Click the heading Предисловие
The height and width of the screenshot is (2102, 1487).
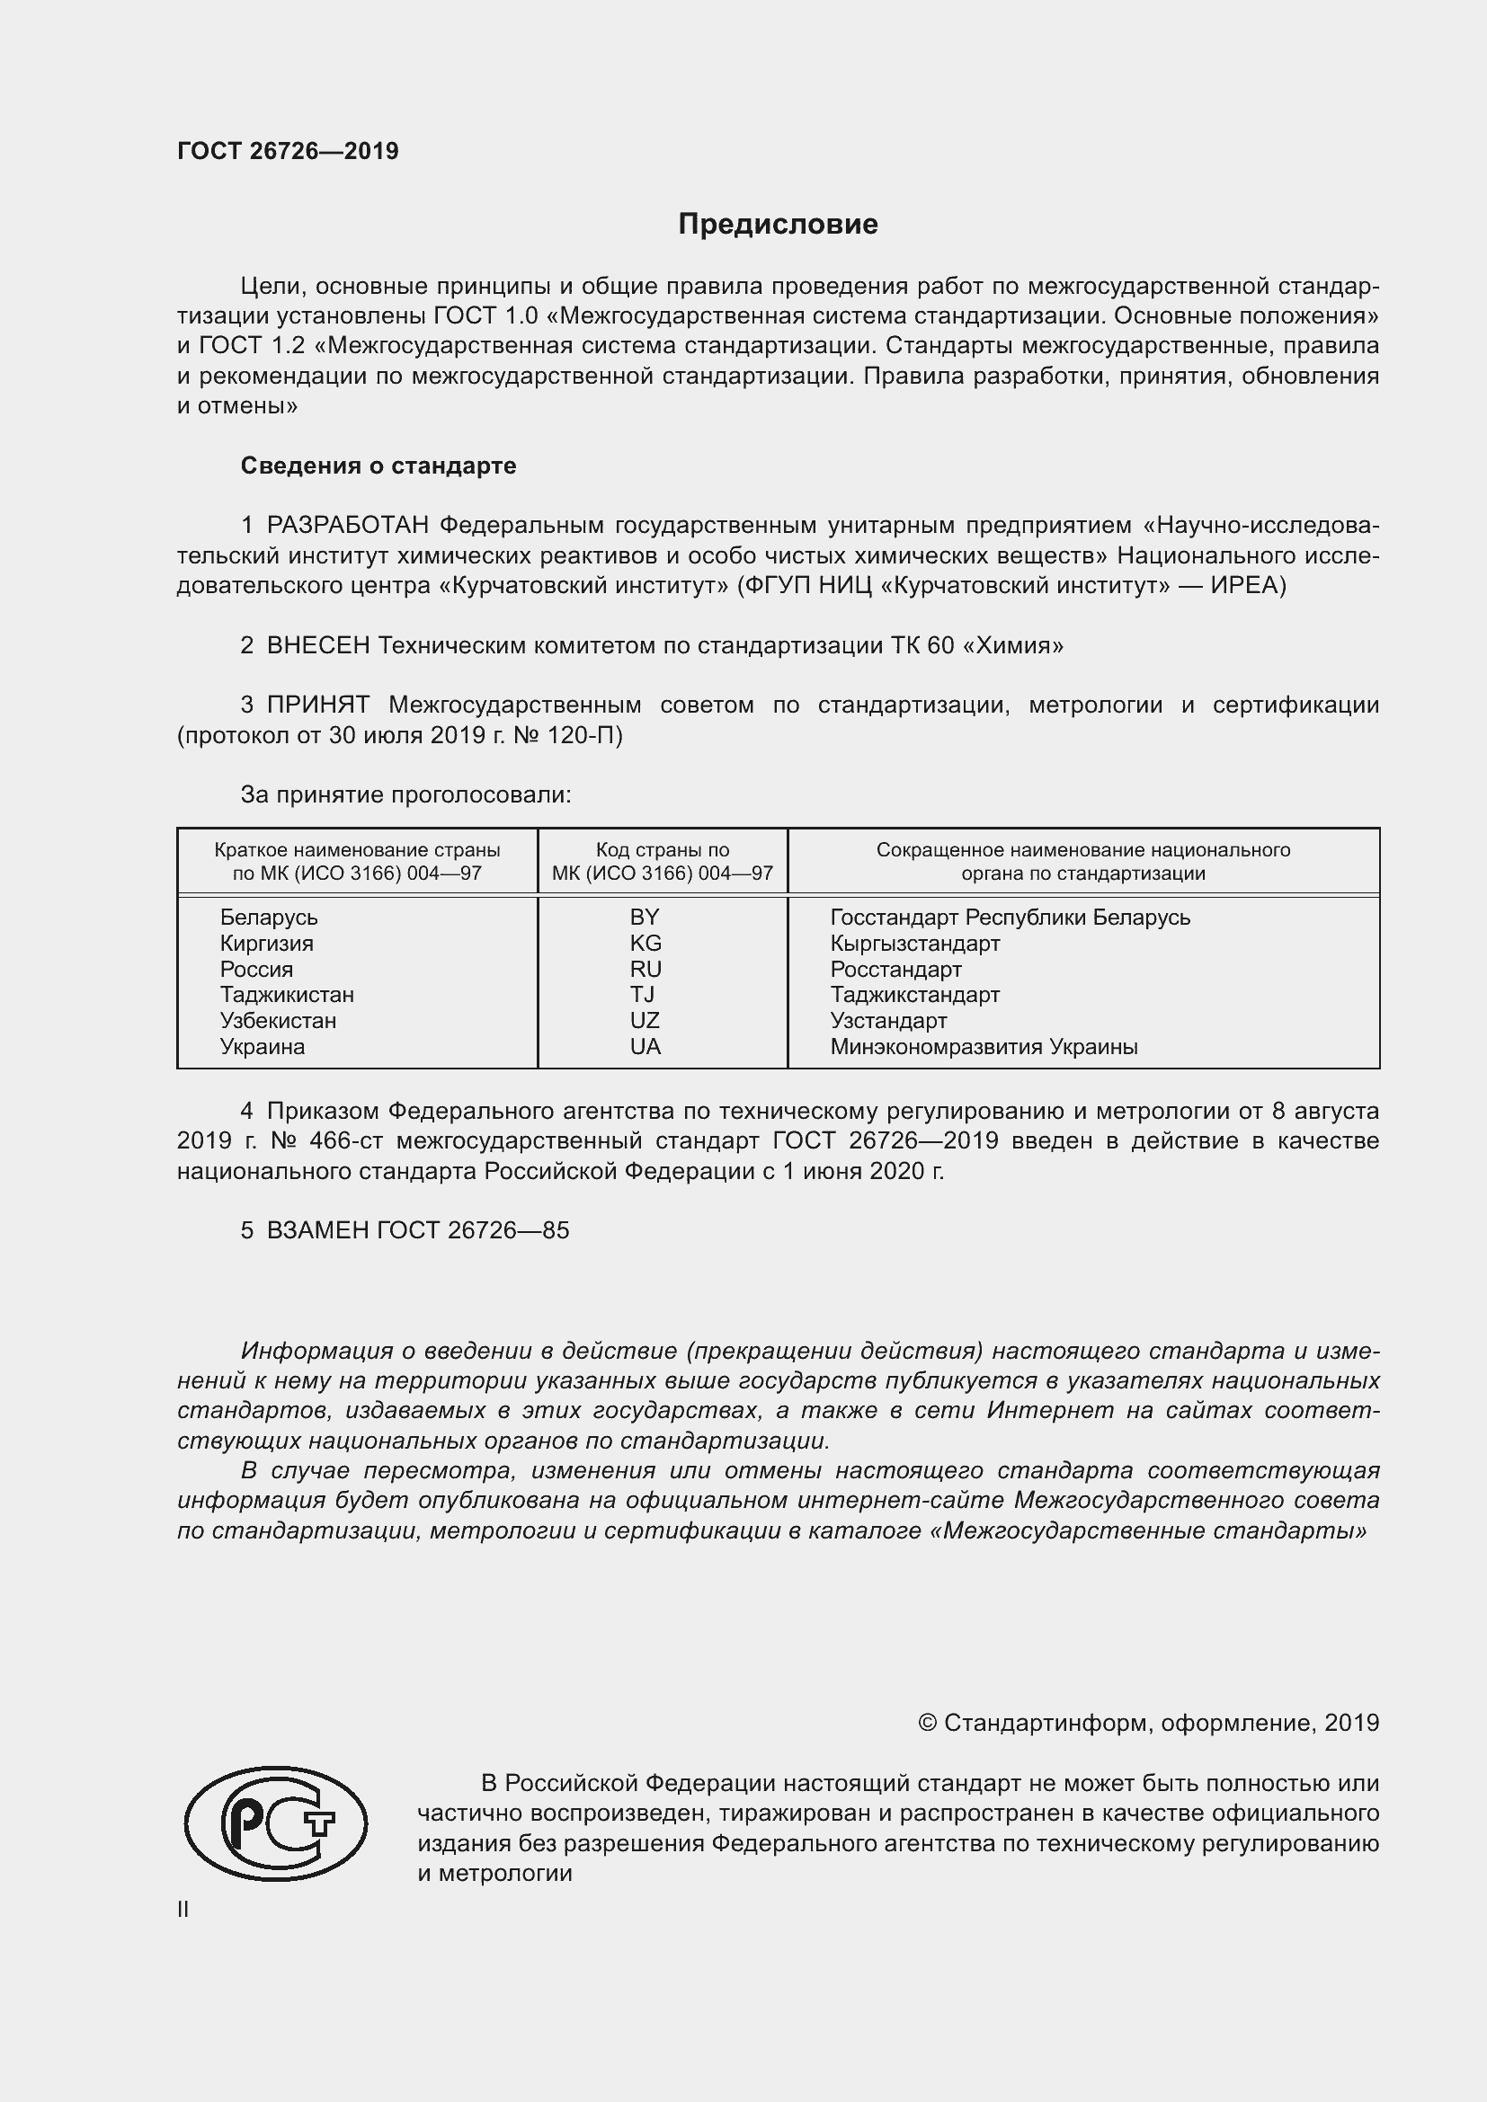pos(778,225)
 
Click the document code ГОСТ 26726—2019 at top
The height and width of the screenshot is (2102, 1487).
pos(288,151)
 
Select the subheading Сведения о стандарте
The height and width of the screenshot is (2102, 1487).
pos(378,466)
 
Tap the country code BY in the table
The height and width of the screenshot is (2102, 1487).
pos(645,918)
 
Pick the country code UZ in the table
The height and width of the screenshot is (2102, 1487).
pos(645,1020)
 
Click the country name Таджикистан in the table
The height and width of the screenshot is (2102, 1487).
pos(287,994)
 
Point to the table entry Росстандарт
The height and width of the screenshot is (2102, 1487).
pos(895,969)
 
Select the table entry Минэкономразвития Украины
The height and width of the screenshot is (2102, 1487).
pos(984,1046)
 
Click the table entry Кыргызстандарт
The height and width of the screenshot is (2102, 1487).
pos(914,943)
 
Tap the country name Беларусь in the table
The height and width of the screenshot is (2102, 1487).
pos(268,918)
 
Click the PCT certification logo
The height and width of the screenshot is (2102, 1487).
pos(276,1824)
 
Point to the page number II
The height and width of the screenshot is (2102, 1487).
pos(183,1910)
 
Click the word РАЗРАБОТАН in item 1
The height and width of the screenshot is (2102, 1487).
pos(348,526)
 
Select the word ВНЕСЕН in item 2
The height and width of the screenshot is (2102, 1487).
pos(317,645)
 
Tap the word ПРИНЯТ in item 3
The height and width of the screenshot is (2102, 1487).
pos(317,705)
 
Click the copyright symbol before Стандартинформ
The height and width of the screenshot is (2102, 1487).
pos(927,1723)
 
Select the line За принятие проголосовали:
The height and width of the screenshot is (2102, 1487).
pos(405,794)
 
